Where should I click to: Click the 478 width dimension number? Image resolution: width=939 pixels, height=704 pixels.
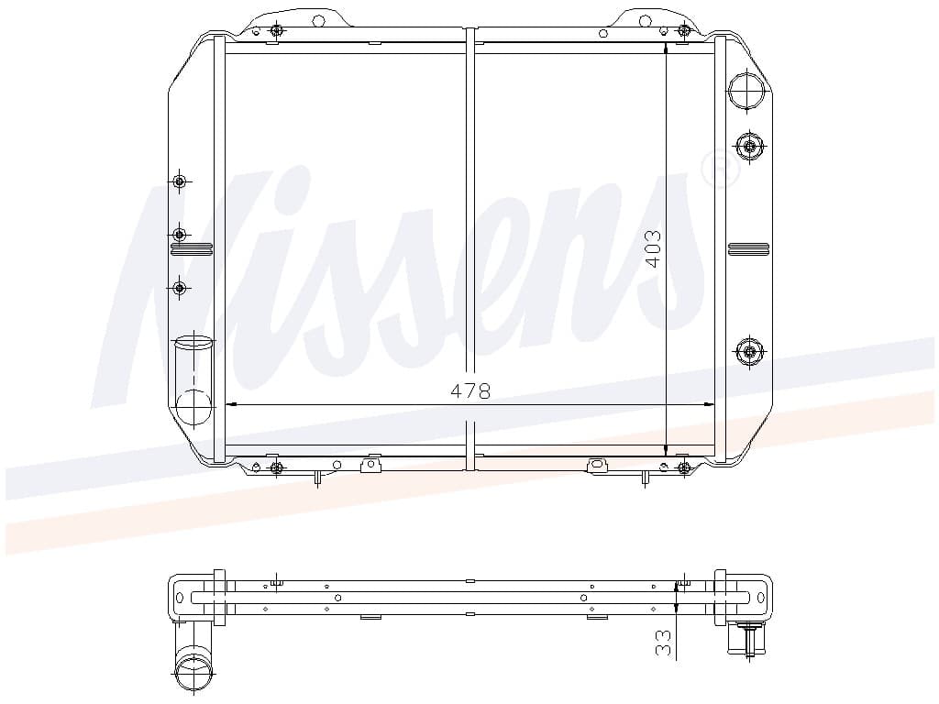pyautogui.click(x=470, y=390)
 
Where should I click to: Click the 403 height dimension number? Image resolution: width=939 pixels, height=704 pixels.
pyautogui.click(x=654, y=249)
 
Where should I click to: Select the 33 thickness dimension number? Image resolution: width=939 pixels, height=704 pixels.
pyautogui.click(x=663, y=643)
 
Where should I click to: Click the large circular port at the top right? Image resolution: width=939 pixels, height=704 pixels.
pyautogui.click(x=746, y=90)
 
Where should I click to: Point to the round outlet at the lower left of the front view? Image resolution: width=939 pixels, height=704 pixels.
pyautogui.click(x=194, y=406)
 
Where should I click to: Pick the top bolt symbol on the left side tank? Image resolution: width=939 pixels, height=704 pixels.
pyautogui.click(x=179, y=181)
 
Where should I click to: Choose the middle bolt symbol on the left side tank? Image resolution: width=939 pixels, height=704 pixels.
pyautogui.click(x=179, y=235)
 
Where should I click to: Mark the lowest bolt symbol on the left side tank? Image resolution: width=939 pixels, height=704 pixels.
pyautogui.click(x=179, y=288)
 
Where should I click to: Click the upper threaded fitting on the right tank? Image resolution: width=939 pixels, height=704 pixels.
pyautogui.click(x=749, y=146)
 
